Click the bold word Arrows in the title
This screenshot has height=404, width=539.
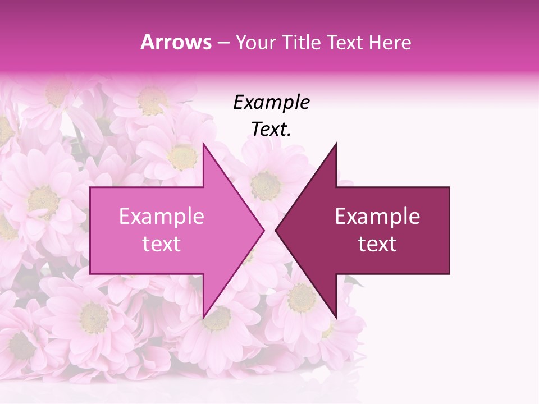click(176, 42)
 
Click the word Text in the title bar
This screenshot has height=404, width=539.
click(345, 42)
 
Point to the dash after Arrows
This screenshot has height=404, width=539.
click(223, 43)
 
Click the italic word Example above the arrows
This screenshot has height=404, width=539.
click(271, 102)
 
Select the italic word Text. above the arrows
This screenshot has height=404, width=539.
click(271, 130)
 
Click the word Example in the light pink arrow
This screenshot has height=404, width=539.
click(162, 217)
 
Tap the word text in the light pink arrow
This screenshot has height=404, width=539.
click(162, 244)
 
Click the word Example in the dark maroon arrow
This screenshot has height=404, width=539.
click(377, 217)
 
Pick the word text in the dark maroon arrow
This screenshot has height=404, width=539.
click(377, 244)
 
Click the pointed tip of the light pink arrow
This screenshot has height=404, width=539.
click(264, 230)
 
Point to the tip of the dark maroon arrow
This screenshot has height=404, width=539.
click(276, 230)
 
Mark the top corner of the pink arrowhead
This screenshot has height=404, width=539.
click(203, 144)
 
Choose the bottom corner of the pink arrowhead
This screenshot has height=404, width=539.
click(203, 317)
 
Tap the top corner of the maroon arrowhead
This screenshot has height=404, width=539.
click(336, 144)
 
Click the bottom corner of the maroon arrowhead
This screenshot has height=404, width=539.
click(336, 317)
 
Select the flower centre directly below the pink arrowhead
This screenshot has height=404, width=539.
click(217, 319)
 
